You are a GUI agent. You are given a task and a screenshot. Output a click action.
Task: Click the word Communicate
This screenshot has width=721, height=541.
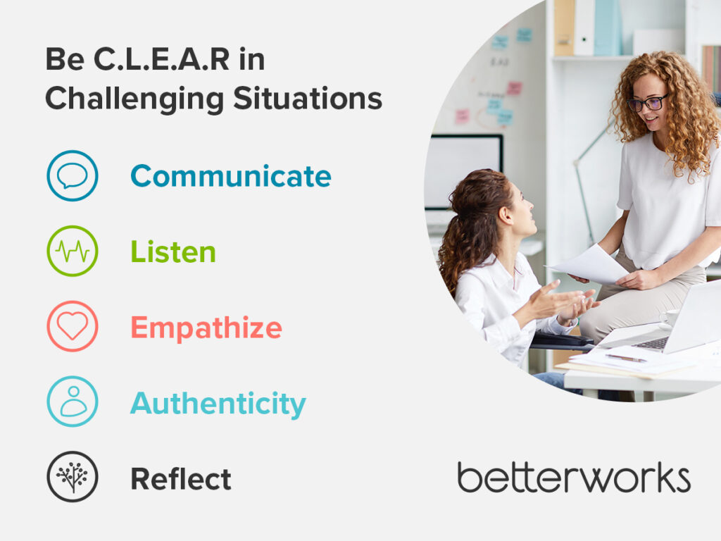[231, 176]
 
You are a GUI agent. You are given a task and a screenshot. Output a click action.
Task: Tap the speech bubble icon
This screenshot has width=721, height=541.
[73, 175]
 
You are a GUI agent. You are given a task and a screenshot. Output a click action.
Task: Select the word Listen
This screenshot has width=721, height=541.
[173, 251]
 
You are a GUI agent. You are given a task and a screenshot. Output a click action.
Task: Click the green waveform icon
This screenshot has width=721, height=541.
[73, 251]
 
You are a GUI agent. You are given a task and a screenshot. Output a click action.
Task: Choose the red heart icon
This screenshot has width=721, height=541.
[73, 325]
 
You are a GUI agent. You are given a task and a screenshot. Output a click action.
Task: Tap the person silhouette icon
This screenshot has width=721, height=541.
[73, 401]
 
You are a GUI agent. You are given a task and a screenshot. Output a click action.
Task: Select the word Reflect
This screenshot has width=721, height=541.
[181, 478]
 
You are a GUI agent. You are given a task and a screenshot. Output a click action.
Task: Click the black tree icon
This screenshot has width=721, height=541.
[73, 477]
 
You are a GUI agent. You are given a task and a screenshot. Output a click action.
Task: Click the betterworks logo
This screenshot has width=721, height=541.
[574, 478]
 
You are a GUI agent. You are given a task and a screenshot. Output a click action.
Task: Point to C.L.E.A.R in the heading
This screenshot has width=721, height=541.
[161, 59]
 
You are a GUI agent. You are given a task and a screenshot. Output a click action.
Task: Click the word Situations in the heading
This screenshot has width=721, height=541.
[308, 98]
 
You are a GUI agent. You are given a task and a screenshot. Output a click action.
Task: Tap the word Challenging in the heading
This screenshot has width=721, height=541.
[134, 99]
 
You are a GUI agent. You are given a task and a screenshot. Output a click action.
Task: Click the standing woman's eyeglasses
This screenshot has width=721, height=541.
[648, 103]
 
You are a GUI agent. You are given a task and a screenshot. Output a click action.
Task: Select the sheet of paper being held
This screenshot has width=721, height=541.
[589, 265]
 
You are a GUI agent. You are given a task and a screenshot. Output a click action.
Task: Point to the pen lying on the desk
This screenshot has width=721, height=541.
[626, 358]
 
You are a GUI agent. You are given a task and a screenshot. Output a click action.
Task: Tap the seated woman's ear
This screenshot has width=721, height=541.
[506, 215]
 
